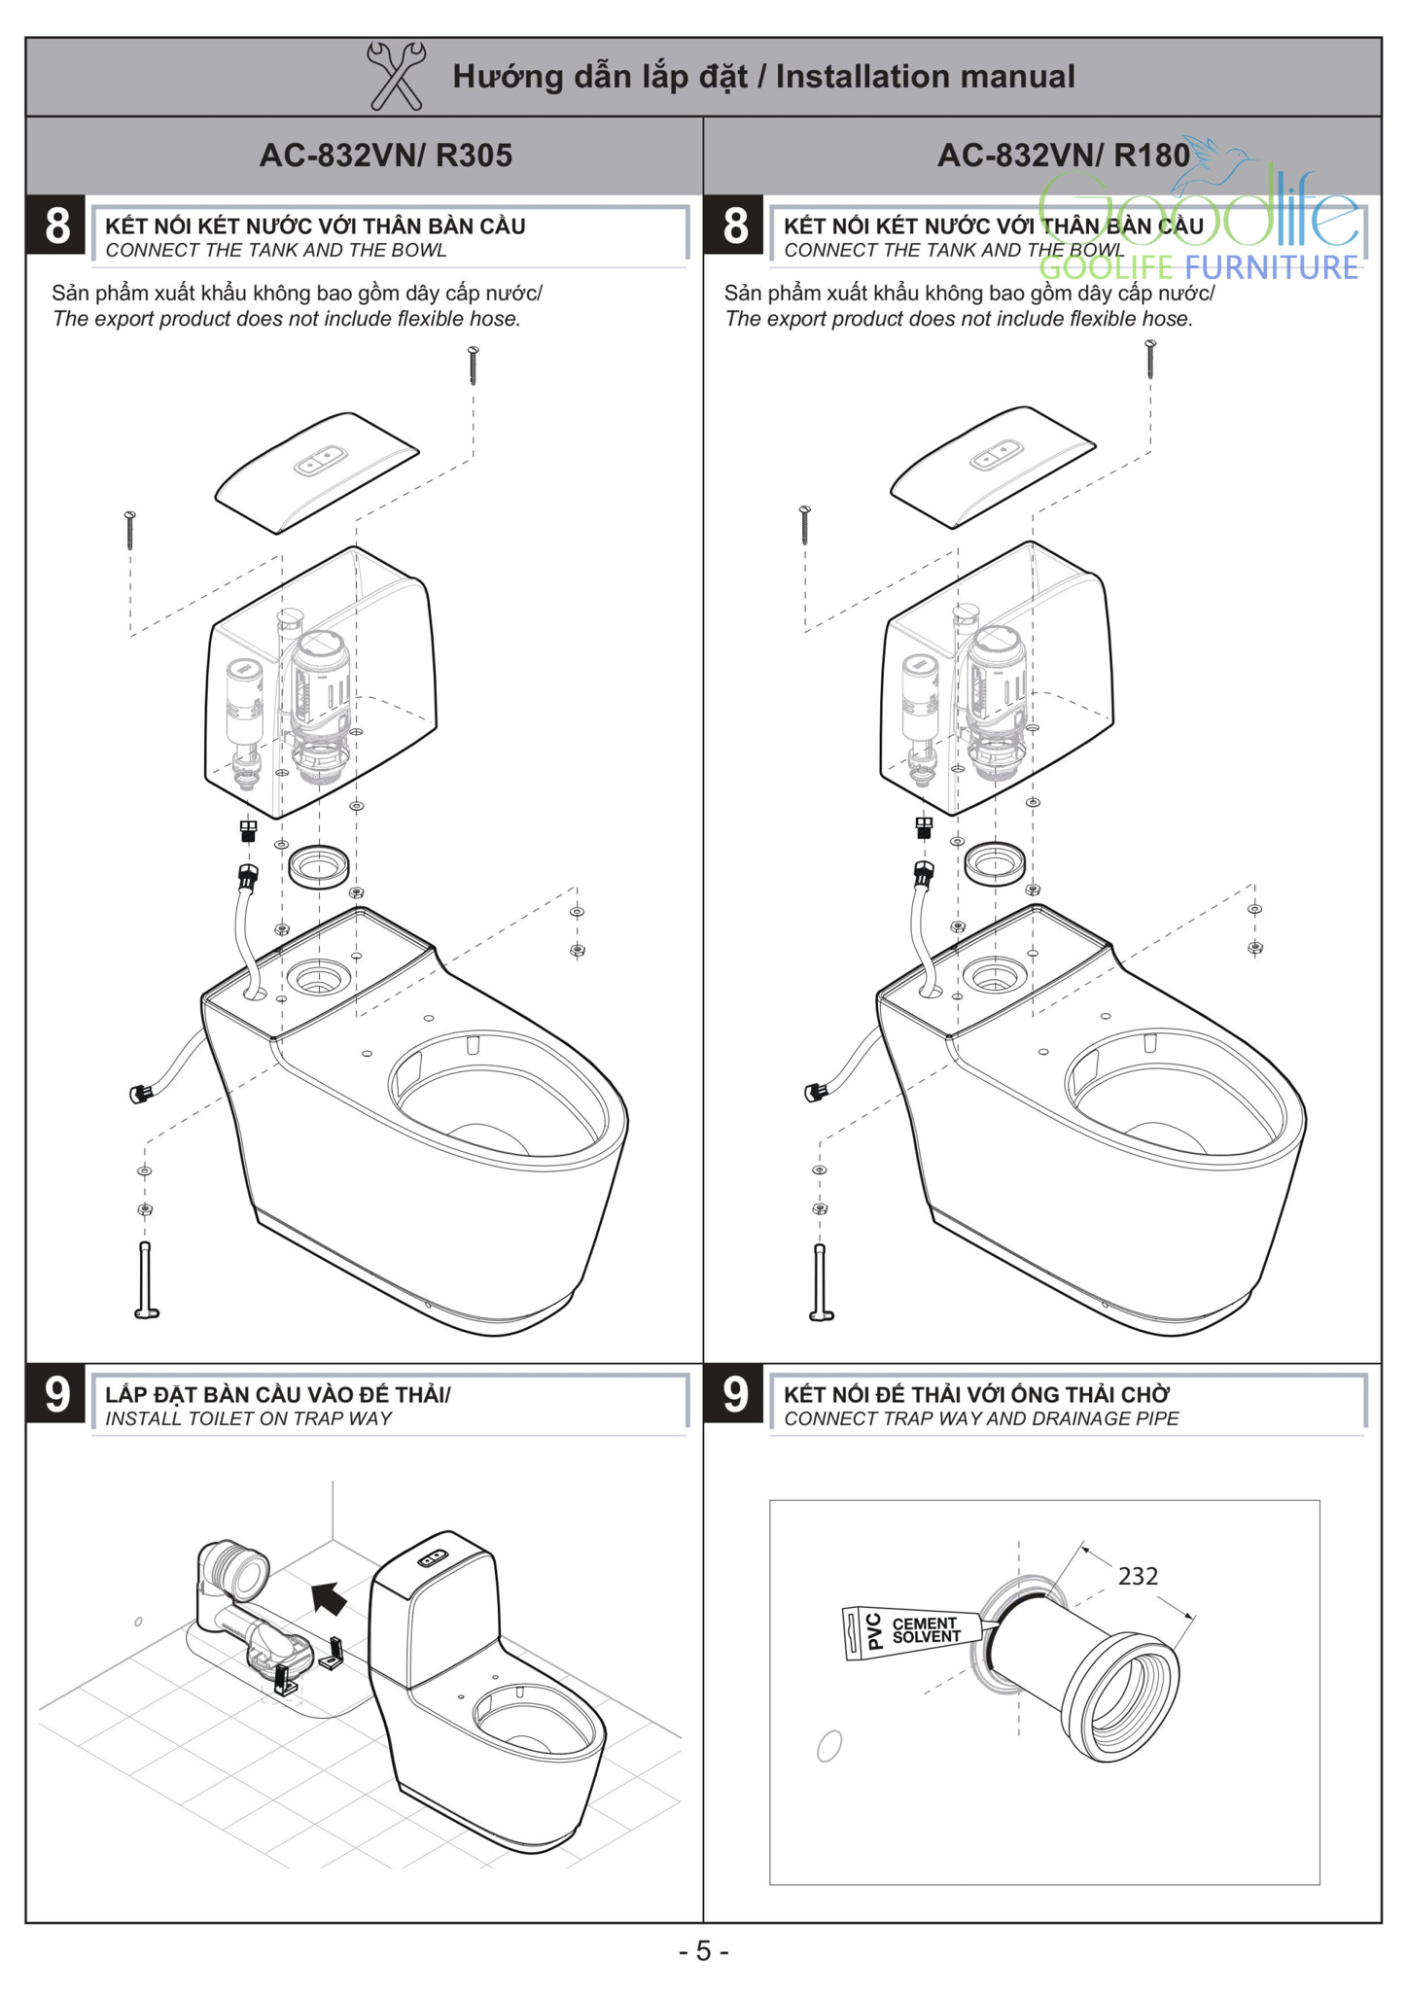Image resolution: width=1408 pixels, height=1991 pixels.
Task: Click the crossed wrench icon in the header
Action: click(395, 76)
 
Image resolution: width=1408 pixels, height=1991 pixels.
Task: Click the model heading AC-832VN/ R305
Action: click(385, 156)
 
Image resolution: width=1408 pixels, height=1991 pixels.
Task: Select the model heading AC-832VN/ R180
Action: click(1063, 156)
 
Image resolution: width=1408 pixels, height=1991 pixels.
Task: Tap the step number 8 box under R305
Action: click(57, 227)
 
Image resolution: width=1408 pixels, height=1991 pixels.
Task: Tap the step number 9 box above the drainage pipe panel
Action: click(735, 1395)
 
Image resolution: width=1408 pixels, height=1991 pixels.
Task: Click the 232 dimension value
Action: click(1137, 1576)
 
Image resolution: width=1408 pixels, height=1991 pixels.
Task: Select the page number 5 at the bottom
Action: click(703, 1951)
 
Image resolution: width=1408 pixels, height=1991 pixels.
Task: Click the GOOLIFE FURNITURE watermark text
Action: click(1198, 267)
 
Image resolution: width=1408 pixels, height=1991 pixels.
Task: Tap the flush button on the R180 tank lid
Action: click(997, 454)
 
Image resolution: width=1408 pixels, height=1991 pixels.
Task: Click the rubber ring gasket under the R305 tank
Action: click(319, 865)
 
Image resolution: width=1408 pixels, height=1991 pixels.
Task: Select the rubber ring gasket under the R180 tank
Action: click(995, 863)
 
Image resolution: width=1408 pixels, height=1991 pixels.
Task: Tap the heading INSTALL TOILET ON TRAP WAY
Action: click(248, 1419)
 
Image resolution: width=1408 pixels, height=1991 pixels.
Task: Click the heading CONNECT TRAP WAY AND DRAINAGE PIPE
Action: click(980, 1419)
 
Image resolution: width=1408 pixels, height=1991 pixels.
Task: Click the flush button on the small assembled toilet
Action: click(434, 1560)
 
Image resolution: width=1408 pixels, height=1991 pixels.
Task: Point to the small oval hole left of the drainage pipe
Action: click(828, 1747)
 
